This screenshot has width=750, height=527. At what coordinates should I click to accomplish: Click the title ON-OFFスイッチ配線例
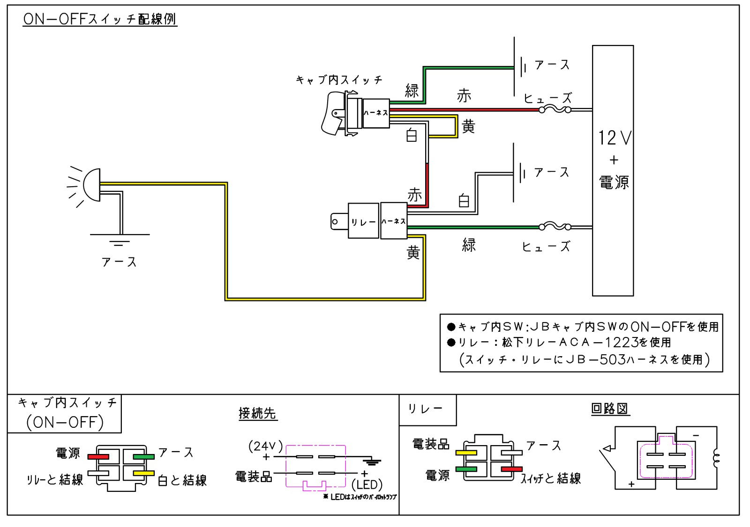click(100, 19)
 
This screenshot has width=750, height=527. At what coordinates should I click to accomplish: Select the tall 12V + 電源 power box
click(613, 170)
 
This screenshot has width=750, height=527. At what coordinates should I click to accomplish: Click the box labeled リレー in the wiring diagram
click(363, 221)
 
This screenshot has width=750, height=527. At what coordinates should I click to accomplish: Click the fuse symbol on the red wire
click(555, 110)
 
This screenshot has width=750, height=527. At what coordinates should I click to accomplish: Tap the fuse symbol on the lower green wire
click(555, 227)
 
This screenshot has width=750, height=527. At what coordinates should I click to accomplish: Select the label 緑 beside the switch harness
click(412, 90)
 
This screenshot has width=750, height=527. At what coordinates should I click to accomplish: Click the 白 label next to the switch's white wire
click(412, 136)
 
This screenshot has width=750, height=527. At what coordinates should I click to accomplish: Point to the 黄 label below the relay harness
click(413, 253)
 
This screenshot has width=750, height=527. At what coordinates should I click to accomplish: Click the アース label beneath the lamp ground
click(119, 262)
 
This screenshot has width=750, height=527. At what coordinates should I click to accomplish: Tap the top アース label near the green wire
click(552, 65)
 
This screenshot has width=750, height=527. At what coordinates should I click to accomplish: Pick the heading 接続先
click(257, 413)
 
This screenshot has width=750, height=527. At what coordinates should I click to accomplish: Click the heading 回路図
click(609, 409)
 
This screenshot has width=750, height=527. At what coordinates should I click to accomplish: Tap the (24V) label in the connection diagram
click(266, 446)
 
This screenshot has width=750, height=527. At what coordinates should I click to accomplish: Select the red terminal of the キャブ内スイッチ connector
click(99, 456)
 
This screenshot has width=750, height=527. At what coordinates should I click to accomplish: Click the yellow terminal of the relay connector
click(466, 453)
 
